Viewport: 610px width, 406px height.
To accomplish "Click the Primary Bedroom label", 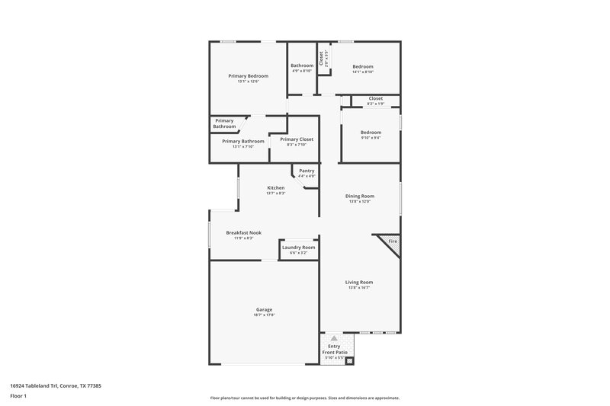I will click(x=249, y=75).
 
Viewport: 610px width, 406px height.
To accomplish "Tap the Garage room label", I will click(x=264, y=310).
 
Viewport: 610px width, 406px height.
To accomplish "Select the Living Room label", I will click(x=359, y=282).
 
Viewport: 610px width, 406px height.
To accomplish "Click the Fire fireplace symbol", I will click(x=393, y=241).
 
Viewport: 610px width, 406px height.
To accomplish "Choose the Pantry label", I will click(x=307, y=171).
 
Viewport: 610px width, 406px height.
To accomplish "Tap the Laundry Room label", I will click(x=298, y=248).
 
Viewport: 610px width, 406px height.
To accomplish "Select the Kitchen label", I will click(x=275, y=188).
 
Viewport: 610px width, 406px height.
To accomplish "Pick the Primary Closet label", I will click(x=297, y=139).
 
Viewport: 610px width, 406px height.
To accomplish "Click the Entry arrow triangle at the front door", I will click(x=333, y=337).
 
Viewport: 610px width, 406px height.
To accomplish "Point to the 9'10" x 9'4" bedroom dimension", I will click(x=371, y=138).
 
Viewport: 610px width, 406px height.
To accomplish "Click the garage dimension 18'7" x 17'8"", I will click(x=264, y=316).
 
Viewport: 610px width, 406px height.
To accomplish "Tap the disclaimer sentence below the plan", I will click(x=304, y=398).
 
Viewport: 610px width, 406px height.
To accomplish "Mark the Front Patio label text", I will click(x=334, y=351).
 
